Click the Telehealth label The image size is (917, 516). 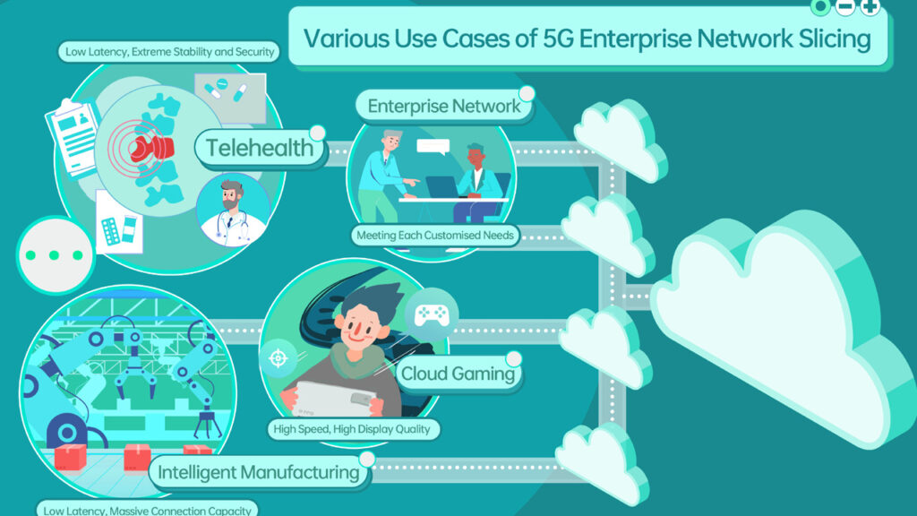(260, 148)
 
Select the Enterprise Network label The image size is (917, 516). (443, 106)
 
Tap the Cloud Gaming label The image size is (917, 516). (458, 374)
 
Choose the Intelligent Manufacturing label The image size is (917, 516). (259, 471)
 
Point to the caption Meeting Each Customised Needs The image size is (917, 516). (436, 236)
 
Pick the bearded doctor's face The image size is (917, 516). (232, 198)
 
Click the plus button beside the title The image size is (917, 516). (870, 7)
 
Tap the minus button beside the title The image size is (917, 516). (844, 7)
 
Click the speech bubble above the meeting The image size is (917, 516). (433, 147)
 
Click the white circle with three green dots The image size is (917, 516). (55, 255)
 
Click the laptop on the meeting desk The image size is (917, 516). (441, 186)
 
